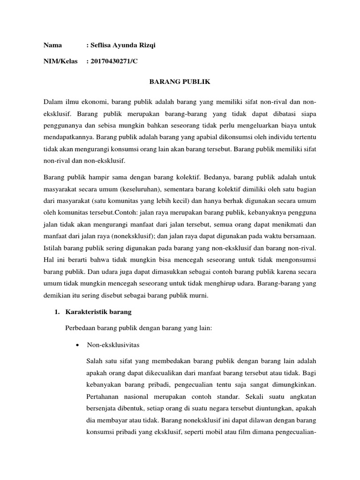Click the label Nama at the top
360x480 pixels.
pyautogui.click(x=53, y=46)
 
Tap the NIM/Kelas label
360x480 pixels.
pyautogui.click(x=60, y=61)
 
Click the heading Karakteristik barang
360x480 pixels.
pyautogui.click(x=98, y=312)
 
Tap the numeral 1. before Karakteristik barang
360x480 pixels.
pyautogui.click(x=58, y=312)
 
